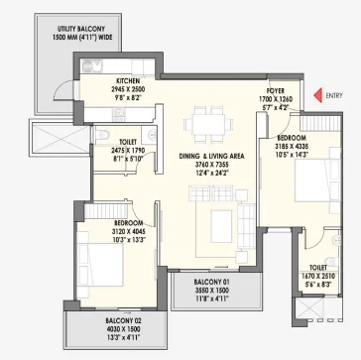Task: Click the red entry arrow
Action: coord(317,95)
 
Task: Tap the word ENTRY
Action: coord(334,96)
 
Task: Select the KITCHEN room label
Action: coord(128,81)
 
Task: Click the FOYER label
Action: coord(276,91)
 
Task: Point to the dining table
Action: coord(208,124)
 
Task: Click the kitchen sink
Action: coord(93,66)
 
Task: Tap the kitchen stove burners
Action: coord(118,115)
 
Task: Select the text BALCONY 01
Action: coord(211,283)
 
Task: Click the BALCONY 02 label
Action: coord(123,320)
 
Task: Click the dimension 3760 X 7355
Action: coord(211,165)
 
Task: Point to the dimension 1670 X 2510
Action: coord(318,276)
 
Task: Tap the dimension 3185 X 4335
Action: coord(292,146)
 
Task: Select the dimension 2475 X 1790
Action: coord(128,151)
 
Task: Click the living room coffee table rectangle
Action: coord(221,226)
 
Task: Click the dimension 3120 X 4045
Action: coord(129,231)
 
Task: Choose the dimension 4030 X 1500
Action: coord(123,329)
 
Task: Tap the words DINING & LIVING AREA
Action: coord(211,156)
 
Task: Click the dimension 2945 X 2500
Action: coord(128,89)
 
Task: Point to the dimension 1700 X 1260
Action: coord(276,99)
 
